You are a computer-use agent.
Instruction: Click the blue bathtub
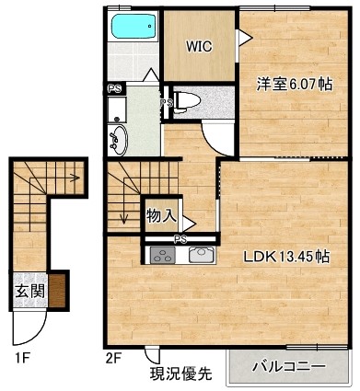(x=134, y=27)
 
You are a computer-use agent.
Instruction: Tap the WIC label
(x=199, y=46)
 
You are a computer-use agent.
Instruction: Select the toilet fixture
(x=187, y=101)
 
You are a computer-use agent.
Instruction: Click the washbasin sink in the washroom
(x=118, y=141)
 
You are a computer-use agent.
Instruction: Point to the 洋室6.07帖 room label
(x=295, y=84)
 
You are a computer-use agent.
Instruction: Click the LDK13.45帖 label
(x=286, y=257)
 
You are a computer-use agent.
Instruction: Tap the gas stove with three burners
(x=163, y=255)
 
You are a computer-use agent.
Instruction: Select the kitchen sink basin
(x=203, y=255)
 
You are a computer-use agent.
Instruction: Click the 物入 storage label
(x=161, y=216)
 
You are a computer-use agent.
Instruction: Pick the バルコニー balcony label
(x=288, y=366)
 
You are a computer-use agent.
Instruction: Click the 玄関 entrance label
(x=30, y=291)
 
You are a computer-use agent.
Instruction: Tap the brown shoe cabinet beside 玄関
(x=57, y=291)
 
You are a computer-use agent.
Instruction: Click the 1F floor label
(x=22, y=358)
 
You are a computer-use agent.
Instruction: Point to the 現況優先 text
(x=180, y=374)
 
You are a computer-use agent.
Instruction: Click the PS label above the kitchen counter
(x=180, y=239)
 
